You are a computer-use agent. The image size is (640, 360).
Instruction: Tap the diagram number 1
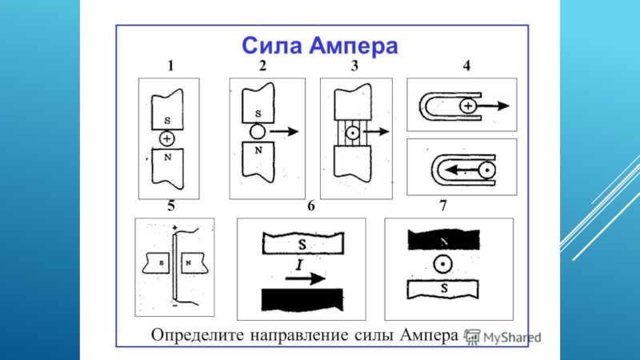(170, 67)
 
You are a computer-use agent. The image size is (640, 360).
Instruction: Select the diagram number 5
(170, 206)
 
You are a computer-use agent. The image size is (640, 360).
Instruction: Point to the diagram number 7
(442, 206)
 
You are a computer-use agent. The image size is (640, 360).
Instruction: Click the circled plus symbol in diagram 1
(166, 138)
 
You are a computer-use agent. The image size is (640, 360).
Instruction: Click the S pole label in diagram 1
(166, 121)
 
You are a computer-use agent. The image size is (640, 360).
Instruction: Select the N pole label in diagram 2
(255, 149)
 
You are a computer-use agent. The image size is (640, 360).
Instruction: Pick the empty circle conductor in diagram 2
(255, 131)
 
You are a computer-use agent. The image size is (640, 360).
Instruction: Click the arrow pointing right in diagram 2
(284, 131)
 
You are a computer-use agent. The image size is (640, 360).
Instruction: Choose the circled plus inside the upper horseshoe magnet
(469, 106)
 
